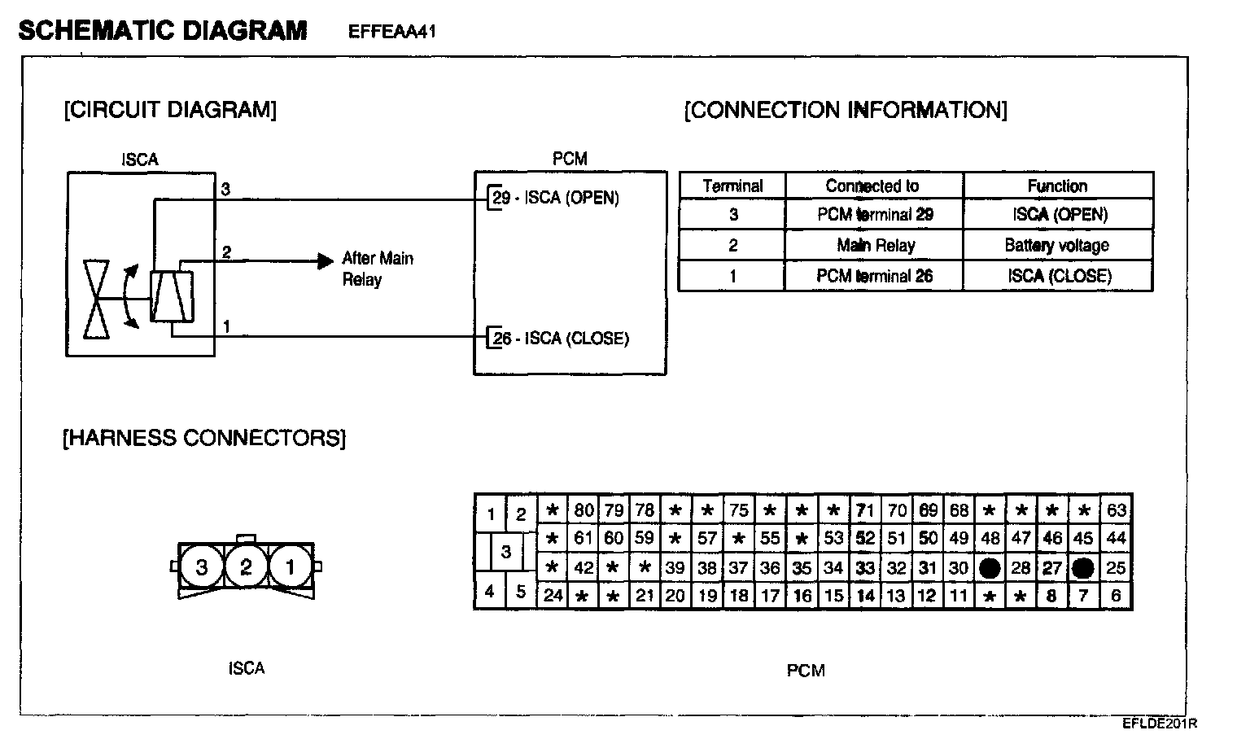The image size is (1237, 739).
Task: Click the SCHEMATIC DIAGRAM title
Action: pos(163,31)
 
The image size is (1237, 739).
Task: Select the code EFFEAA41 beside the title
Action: pos(392,32)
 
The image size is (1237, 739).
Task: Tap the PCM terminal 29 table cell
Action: pos(875,215)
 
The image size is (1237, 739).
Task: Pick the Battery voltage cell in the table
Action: pos(1056,246)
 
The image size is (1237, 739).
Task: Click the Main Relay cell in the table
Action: pos(876,246)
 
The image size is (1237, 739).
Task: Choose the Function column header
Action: pos(1056,186)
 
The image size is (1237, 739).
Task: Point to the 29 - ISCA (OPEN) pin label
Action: pos(556,198)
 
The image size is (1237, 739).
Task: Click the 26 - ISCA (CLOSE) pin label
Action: pos(561,339)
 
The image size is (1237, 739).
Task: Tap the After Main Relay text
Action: pos(377,269)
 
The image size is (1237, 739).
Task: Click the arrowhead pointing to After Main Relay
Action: pos(326,261)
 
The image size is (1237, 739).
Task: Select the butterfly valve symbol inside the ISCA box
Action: pos(98,300)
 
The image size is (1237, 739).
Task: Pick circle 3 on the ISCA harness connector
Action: pos(201,566)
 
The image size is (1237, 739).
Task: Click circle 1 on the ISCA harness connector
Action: pos(291,566)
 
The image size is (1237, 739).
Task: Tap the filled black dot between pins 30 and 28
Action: pos(990,569)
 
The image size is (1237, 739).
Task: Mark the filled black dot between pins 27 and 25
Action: pos(1082,569)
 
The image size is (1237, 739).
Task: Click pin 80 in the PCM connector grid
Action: pos(584,511)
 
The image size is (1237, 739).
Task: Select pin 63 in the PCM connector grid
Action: pos(1116,511)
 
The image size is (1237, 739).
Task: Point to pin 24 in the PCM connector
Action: pos(553,595)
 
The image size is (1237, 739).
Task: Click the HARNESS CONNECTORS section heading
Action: pos(204,439)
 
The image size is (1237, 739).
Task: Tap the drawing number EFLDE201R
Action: pos(1160,724)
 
